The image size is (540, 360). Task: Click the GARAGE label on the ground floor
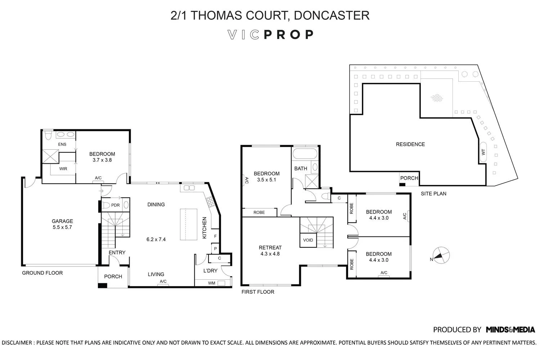[x=62, y=221]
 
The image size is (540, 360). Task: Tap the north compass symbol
[x=441, y=256]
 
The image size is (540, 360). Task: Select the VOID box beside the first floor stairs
[x=308, y=240]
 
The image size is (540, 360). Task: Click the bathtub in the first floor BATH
[x=305, y=154]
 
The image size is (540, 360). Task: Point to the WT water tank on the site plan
[x=483, y=152]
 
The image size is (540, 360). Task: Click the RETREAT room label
[x=270, y=247]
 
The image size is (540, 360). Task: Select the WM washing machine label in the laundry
[x=212, y=283]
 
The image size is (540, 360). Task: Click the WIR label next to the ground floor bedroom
[x=63, y=168]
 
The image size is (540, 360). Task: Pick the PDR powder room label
[x=115, y=205]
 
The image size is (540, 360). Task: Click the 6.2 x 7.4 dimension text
[x=156, y=239]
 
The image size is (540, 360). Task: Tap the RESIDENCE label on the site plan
[x=410, y=144]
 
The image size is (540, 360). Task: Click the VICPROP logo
[x=270, y=35]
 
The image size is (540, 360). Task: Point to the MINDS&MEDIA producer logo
[x=510, y=329]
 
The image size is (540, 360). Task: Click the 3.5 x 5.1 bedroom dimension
[x=266, y=180]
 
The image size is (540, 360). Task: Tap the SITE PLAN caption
[x=433, y=193]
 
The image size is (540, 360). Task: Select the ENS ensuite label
[x=62, y=144]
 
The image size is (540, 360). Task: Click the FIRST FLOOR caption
[x=258, y=292]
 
